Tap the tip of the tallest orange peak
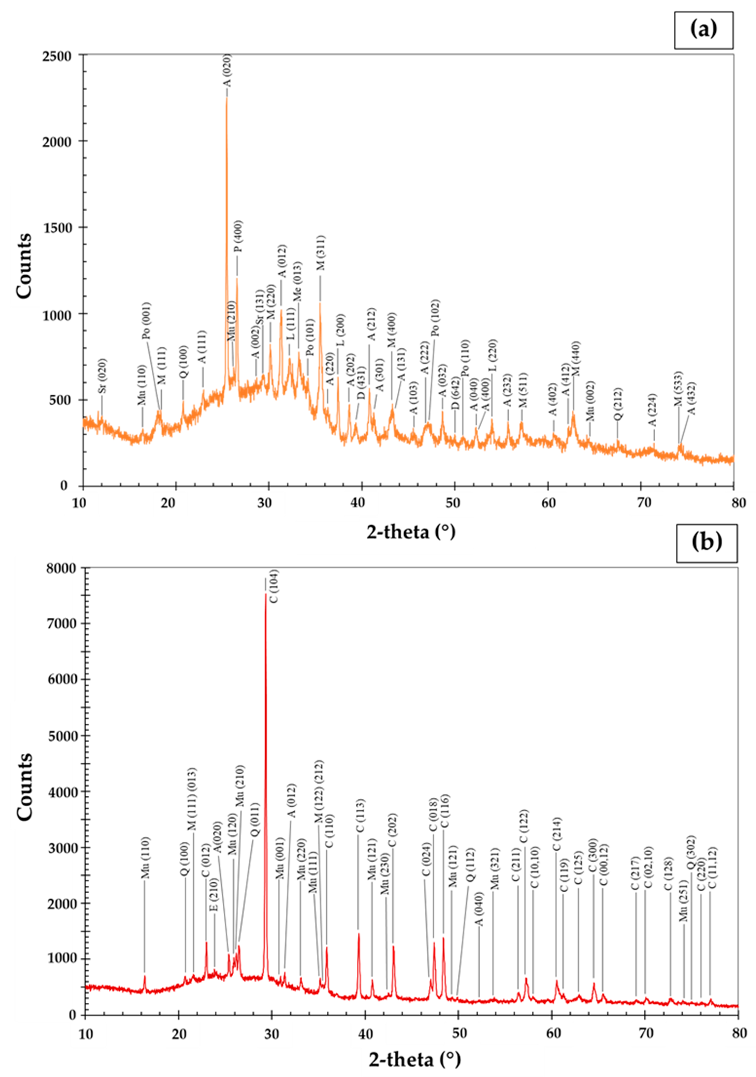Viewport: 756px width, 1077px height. pyautogui.click(x=227, y=97)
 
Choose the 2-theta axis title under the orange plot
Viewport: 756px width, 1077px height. pyautogui.click(x=411, y=532)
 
